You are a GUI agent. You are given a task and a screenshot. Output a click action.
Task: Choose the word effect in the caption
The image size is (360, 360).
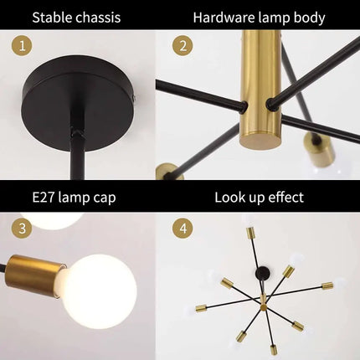[x=283, y=198]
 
